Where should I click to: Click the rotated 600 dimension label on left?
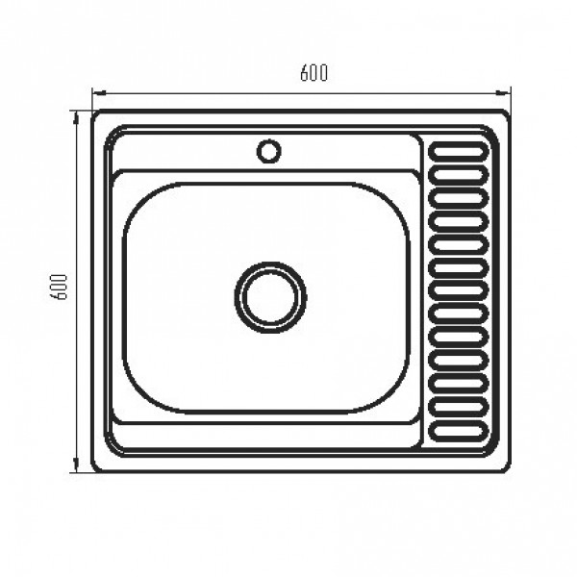pos(59,289)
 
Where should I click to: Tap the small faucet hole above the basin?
pos(268,150)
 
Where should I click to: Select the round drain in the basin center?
pos(270,295)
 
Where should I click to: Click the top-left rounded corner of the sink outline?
pos(97,116)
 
